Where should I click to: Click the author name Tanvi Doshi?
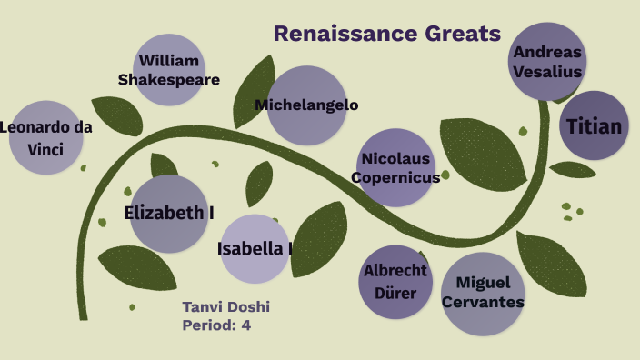click(226, 306)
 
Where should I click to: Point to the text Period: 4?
click(216, 325)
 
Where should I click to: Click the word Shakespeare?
click(169, 80)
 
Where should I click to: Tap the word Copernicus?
click(395, 178)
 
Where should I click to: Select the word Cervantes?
click(490, 302)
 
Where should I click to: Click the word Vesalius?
click(547, 71)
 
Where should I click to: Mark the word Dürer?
click(395, 293)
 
